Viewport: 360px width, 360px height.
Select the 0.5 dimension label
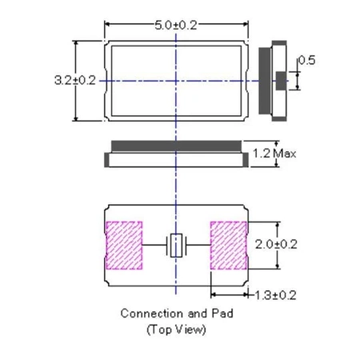[306, 61]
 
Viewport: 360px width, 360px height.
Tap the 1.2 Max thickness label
[274, 152]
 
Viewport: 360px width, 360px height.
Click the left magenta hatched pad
[124, 245]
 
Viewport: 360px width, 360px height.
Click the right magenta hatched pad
[226, 245]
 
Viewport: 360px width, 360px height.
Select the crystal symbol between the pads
[175, 245]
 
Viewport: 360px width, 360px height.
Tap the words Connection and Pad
[176, 313]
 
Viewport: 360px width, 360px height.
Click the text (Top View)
[176, 330]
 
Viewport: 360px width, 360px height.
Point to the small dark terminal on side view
[281, 80]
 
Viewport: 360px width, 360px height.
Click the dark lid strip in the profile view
[175, 145]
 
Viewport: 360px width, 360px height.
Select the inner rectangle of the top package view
[175, 80]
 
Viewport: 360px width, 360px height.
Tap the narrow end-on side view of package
[274, 80]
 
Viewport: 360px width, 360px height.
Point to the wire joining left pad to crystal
[154, 245]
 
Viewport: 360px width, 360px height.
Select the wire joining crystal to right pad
[197, 245]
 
